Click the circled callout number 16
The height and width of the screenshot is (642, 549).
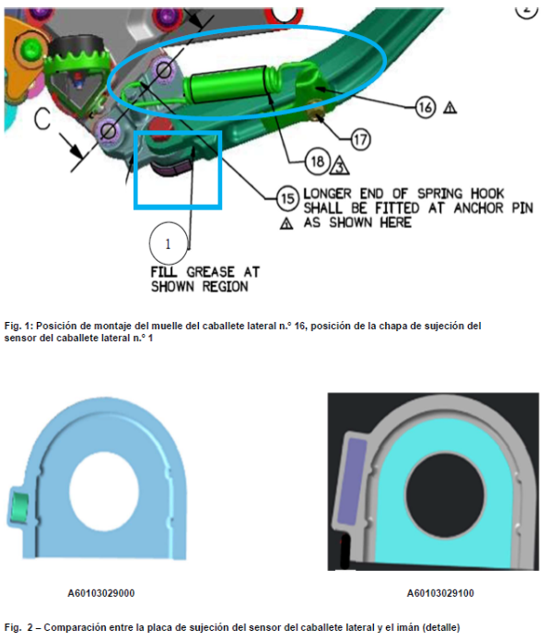[426, 107]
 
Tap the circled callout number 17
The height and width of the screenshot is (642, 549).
[360, 140]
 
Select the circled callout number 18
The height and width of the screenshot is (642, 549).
[317, 161]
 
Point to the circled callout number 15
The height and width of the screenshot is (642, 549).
[287, 199]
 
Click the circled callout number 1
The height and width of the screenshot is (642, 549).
[169, 244]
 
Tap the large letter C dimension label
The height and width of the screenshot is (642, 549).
[42, 119]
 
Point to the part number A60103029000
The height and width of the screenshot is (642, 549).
[101, 593]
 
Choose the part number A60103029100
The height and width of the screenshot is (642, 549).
[440, 593]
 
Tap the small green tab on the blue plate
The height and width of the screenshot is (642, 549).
[18, 507]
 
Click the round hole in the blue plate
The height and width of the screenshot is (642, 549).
[104, 490]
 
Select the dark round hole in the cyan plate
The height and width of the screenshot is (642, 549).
[445, 494]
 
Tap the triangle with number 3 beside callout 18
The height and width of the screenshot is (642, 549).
[339, 166]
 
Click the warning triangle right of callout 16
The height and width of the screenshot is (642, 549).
[450, 108]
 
